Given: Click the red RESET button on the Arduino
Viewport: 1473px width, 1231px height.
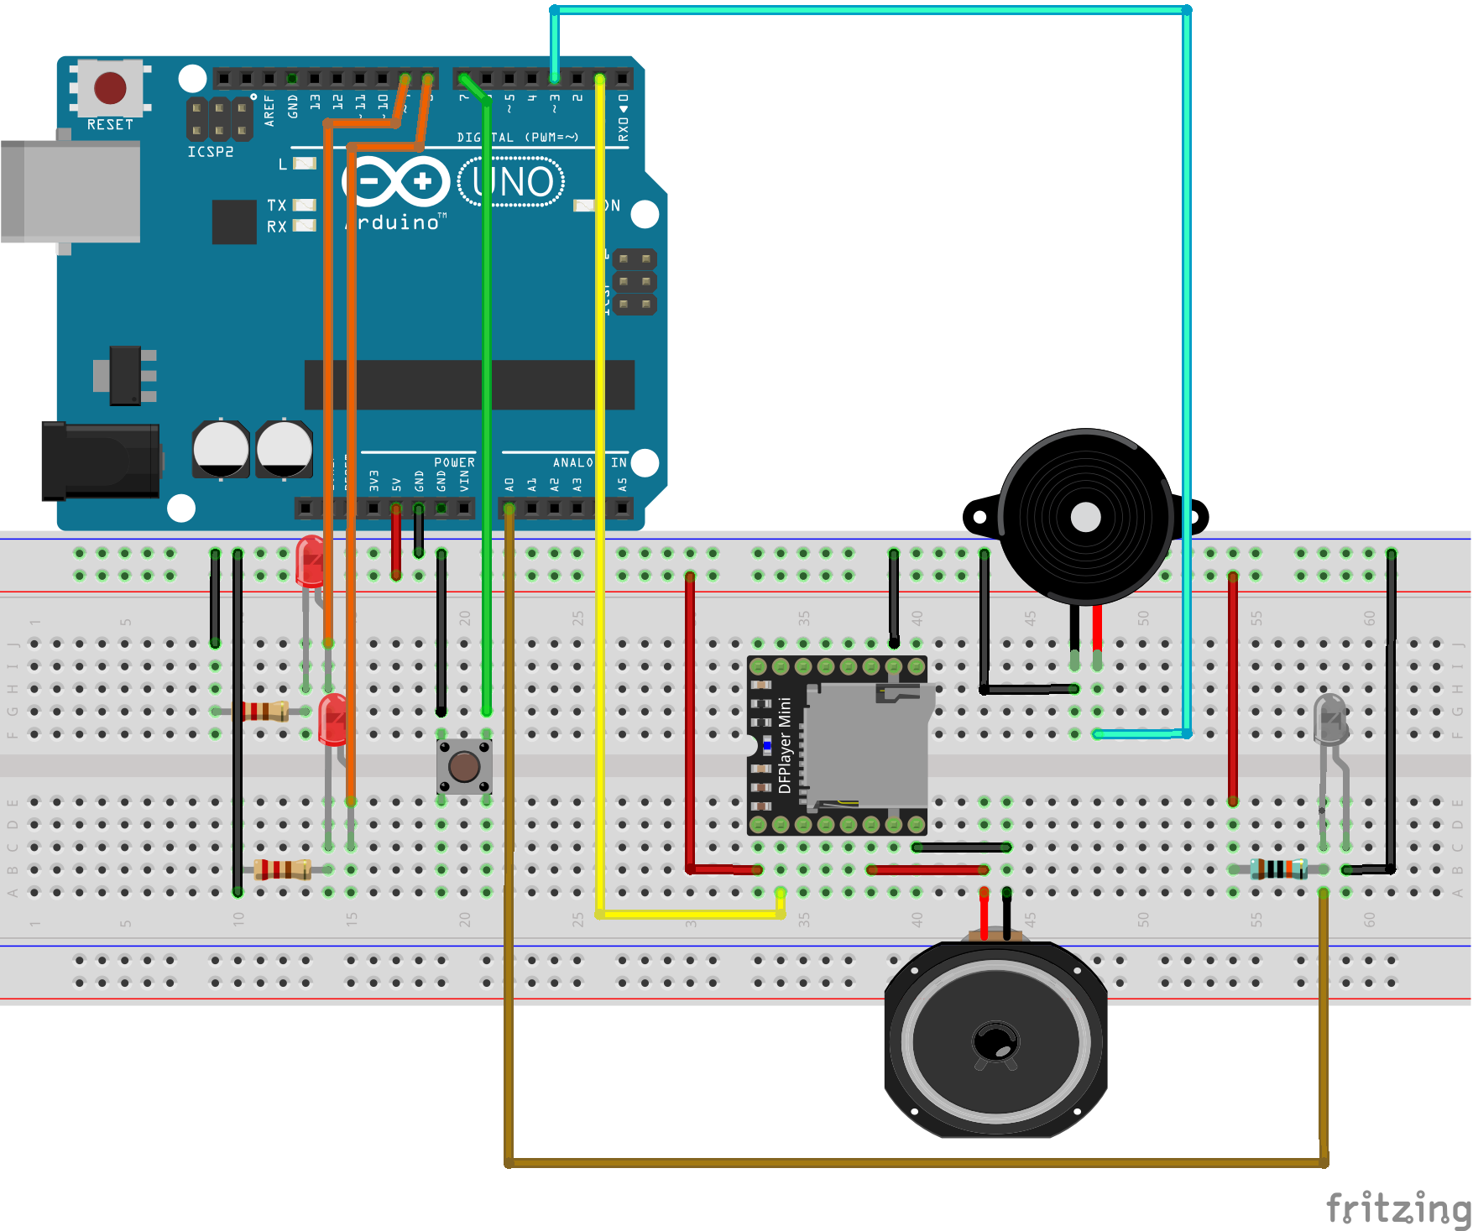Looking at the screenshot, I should tap(110, 87).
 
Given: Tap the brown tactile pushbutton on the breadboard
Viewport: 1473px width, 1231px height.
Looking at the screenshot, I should tap(464, 766).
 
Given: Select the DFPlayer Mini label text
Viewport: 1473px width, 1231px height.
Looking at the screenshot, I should tap(785, 746).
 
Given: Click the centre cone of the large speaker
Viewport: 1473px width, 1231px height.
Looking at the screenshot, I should tap(995, 1042).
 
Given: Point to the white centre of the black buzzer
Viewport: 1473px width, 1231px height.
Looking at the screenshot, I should tap(1085, 517).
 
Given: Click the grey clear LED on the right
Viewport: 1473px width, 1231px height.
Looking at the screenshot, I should tap(1329, 718).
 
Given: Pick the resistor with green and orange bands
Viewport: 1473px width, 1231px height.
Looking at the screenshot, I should tap(1278, 868).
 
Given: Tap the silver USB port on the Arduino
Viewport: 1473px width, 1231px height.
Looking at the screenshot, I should tap(71, 191).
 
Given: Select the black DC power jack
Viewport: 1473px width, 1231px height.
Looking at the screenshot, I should tap(101, 461).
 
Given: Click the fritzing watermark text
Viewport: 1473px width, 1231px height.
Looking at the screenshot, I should tap(1397, 1209).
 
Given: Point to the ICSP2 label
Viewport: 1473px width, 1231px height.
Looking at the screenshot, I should tap(210, 152).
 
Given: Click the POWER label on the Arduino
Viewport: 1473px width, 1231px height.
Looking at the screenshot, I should tap(454, 462).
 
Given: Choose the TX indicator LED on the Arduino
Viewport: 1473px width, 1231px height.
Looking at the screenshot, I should tap(304, 205).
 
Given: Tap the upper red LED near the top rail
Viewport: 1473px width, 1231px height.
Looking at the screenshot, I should tap(310, 559).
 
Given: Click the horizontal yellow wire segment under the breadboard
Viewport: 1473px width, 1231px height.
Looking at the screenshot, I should tap(688, 914).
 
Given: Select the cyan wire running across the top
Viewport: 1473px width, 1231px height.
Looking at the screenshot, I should tap(870, 10).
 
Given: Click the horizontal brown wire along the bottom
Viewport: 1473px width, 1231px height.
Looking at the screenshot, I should tap(915, 1163).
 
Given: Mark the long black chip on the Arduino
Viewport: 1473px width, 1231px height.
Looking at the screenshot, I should tap(469, 384).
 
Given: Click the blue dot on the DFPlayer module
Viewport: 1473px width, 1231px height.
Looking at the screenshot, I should tap(766, 745).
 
